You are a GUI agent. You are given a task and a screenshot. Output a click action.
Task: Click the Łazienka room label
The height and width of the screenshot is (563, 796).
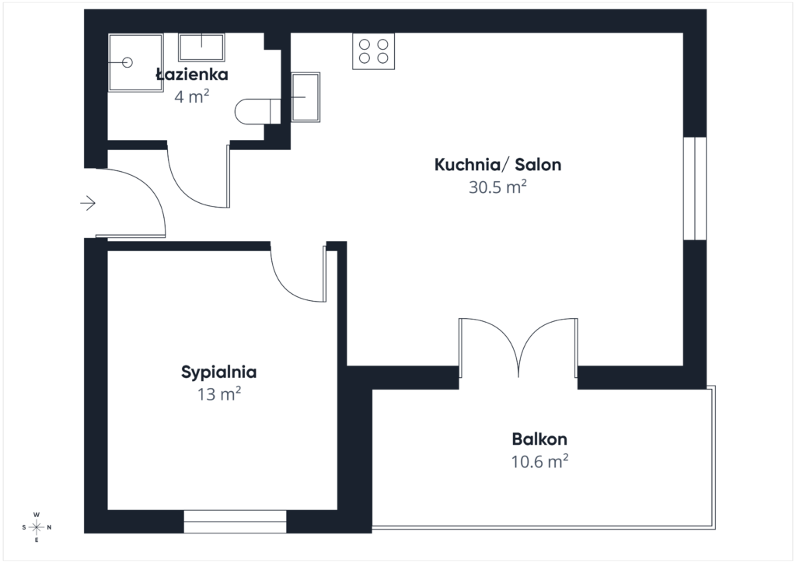[192, 75]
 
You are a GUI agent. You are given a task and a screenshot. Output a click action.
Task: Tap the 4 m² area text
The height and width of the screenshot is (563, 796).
[192, 96]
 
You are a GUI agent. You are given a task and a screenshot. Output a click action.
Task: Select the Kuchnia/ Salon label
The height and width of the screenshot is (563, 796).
[497, 165]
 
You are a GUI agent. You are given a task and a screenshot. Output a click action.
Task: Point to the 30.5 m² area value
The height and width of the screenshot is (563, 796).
[497, 187]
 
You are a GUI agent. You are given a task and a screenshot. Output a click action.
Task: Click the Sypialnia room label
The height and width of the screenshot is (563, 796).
[218, 372]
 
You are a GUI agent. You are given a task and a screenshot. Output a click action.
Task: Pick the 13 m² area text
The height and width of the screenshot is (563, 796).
[218, 394]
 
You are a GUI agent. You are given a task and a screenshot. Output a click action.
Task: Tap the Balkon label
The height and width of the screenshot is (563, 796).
[539, 439]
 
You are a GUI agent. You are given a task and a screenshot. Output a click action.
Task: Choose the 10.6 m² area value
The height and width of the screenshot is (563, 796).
[539, 462]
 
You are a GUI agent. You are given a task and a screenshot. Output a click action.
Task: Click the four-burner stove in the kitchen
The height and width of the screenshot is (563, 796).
[374, 51]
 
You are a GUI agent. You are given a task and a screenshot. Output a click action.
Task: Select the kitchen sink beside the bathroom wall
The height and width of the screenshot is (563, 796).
[305, 97]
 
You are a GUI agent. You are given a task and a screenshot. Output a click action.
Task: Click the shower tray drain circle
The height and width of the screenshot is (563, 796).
[127, 62]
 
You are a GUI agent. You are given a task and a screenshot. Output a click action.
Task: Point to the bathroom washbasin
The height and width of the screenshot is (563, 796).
[201, 47]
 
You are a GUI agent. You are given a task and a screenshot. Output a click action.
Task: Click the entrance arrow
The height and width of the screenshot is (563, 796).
[88, 204]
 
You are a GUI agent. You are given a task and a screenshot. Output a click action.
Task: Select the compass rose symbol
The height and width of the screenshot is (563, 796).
[37, 527]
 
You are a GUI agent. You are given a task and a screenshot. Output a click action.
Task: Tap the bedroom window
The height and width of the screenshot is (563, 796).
[235, 521]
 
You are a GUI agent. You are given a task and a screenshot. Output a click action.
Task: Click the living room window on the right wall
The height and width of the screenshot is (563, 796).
[694, 188]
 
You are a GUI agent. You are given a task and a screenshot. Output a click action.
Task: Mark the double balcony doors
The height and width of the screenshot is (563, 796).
[518, 348]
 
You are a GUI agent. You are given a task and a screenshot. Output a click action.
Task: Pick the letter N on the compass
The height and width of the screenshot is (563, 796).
[49, 527]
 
